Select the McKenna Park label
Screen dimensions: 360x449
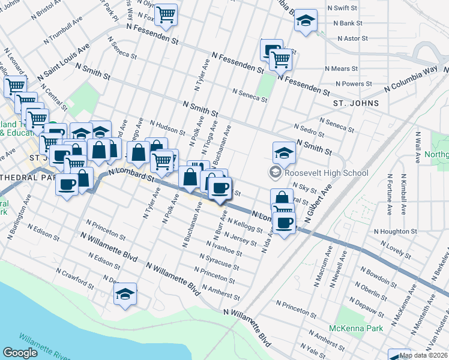[x=352, y=328]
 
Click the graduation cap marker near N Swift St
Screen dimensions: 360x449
[x=306, y=21]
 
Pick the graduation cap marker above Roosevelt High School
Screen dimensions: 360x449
[x=284, y=153]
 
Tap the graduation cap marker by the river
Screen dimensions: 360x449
[x=125, y=294]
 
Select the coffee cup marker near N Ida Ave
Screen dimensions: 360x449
[x=285, y=223]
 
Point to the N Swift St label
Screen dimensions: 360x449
[x=342, y=8]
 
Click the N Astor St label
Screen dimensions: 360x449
[x=352, y=38]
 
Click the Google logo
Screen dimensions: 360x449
[x=20, y=353]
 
